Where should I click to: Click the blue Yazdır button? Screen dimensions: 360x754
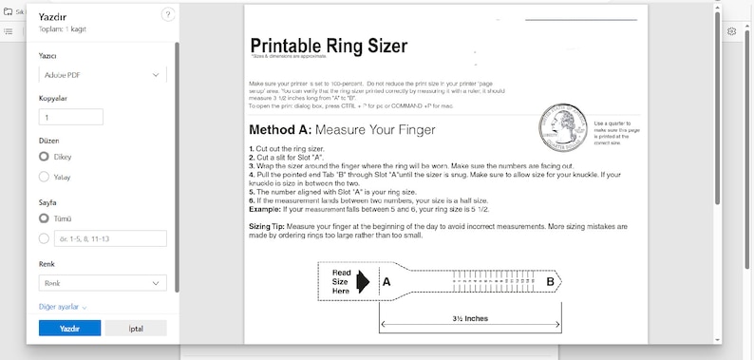68,328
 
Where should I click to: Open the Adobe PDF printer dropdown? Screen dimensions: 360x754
103,73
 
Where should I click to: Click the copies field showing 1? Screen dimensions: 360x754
71,117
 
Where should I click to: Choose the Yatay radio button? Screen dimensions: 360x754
45,176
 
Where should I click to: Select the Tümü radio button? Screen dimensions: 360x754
45,218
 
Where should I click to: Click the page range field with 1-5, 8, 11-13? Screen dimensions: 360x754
109,238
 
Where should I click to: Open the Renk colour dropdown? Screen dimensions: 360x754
103,283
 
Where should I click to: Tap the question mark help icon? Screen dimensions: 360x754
168,14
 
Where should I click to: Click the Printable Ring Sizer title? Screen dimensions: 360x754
329,45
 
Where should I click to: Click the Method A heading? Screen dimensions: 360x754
342,129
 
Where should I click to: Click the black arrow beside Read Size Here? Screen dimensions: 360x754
367,281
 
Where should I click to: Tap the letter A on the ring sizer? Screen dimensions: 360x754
386,281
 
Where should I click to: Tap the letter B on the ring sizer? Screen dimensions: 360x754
550,281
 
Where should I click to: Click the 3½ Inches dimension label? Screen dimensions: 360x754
470,318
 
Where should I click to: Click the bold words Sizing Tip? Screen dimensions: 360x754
273,227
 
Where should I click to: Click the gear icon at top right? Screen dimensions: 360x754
732,30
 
